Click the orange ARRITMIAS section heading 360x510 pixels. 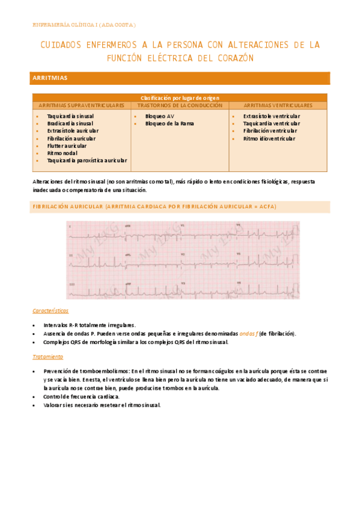tap(50, 78)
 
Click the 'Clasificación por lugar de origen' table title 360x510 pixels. tap(180, 97)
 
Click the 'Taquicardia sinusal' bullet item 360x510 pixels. tap(70, 116)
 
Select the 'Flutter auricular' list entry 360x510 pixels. tap(66, 146)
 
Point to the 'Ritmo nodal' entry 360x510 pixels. tap(62, 153)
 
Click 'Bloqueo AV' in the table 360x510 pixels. tap(159, 116)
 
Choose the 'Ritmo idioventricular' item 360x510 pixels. tap(269, 138)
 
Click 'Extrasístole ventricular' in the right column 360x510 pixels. tap(272, 116)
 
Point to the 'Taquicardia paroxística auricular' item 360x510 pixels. tap(87, 161)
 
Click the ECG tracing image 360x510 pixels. tap(183, 260)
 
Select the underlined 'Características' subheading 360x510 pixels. tap(50, 311)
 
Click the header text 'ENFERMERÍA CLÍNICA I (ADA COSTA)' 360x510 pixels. tap(84, 25)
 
